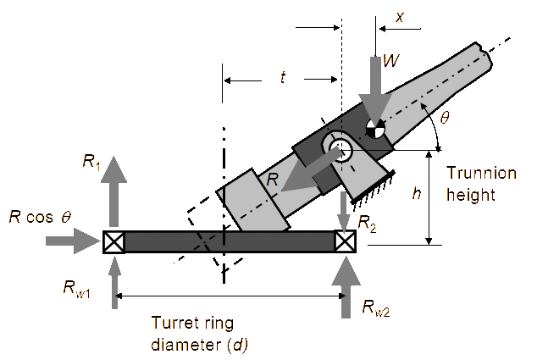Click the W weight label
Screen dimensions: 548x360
pos(391,60)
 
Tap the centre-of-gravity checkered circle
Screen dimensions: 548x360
pos(375,129)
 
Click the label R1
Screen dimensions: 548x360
pos(92,163)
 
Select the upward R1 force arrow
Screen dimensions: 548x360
pos(114,192)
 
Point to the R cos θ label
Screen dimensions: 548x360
pos(40,217)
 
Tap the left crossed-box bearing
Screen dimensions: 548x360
pos(114,241)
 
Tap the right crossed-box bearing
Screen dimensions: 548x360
pos(346,241)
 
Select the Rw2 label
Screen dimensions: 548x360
pos(376,308)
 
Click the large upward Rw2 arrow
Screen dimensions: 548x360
pos(346,287)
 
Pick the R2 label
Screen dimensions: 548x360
pos(368,224)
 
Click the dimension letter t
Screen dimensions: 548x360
pos(283,77)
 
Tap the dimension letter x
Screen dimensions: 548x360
pos(400,17)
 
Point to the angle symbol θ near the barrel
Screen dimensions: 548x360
pos(445,117)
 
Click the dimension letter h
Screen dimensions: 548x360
pos(417,193)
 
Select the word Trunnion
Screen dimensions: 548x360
pos(481,173)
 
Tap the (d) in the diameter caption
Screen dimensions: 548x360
pos(238,346)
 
